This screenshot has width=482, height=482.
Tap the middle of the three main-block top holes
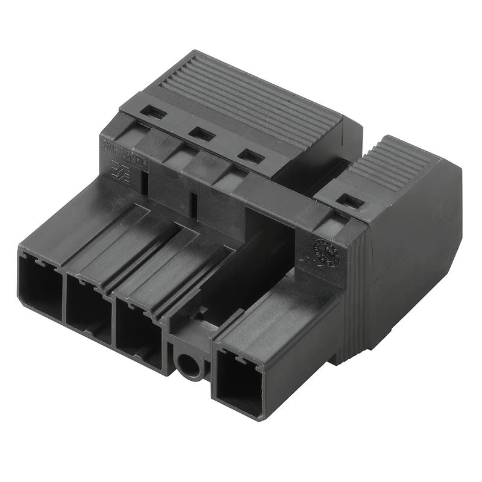click(x=202, y=134)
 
